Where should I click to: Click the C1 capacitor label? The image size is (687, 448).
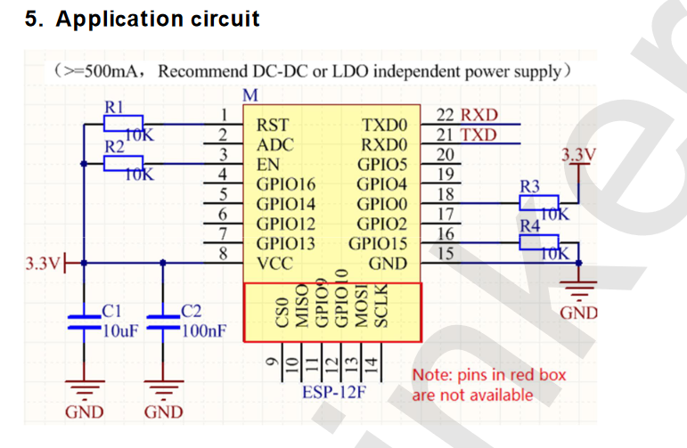click(x=111, y=312)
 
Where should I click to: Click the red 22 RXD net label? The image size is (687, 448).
click(x=468, y=116)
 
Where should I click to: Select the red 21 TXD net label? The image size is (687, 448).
click(x=468, y=135)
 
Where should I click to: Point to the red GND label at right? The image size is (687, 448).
click(x=578, y=314)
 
